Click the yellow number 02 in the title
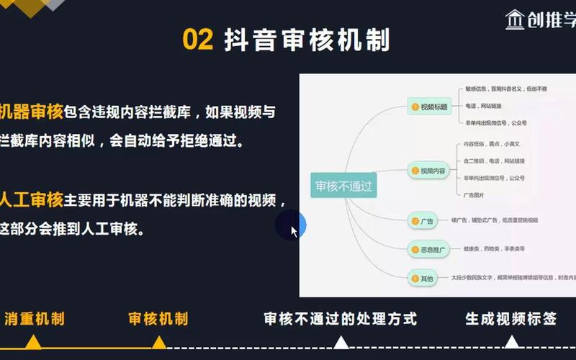point(198,40)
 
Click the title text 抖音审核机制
point(307,40)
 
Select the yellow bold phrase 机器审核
point(32,112)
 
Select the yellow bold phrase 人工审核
point(32,199)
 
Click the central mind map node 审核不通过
point(344,186)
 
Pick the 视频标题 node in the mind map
point(430,107)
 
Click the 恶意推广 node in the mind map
point(430,249)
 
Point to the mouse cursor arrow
point(294,231)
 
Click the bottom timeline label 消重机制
point(35,319)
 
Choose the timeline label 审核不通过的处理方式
point(340,319)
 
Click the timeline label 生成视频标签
point(510,319)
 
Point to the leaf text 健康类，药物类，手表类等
point(494,249)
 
